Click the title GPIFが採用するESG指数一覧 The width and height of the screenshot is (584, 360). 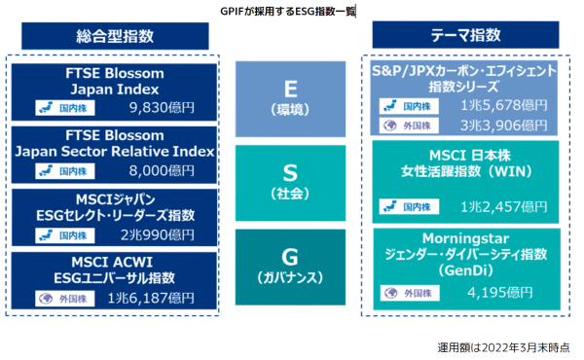coord(288,11)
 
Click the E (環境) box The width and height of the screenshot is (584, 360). coord(291,98)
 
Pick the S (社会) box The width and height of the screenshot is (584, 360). coord(291,182)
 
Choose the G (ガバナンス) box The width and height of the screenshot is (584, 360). coord(291,265)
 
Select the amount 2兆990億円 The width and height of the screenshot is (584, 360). coord(157,234)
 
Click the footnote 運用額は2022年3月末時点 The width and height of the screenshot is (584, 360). coord(503,345)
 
